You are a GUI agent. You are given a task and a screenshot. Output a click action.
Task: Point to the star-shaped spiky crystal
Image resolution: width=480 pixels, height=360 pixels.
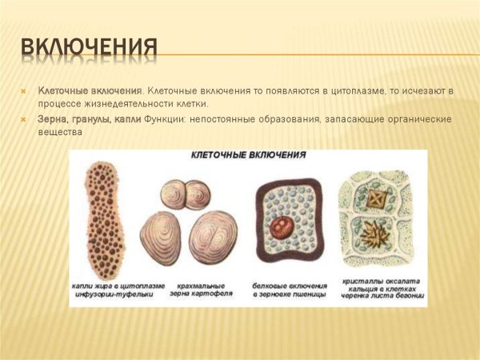tap(373, 238)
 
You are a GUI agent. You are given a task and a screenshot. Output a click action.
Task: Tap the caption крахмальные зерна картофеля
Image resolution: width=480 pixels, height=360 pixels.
tap(197, 290)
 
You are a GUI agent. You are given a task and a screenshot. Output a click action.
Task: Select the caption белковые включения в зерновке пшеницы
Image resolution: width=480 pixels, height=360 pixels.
tap(287, 290)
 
